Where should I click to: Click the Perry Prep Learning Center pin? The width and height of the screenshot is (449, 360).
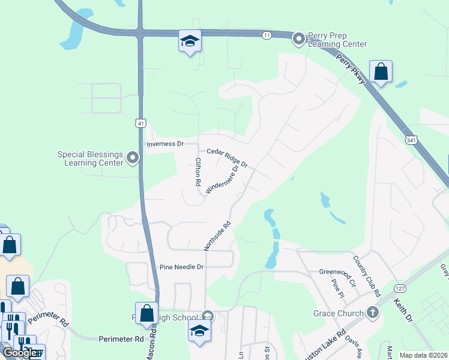[x=298, y=40]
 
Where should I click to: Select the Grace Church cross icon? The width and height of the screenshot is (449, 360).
[x=372, y=313]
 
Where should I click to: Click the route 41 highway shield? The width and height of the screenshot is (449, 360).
[x=140, y=124]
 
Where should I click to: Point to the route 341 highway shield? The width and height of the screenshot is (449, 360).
[x=411, y=140]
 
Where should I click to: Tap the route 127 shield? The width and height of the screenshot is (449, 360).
[x=400, y=288]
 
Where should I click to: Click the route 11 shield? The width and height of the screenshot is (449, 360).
[x=266, y=35]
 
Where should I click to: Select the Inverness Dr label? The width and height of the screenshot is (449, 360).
[x=164, y=145]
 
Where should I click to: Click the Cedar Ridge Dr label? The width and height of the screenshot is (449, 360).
[x=228, y=158]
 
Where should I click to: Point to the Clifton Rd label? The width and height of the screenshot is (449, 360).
[x=197, y=172]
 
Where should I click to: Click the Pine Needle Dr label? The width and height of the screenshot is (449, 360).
[x=181, y=266]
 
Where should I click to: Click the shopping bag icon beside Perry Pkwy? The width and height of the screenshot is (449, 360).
[x=381, y=72]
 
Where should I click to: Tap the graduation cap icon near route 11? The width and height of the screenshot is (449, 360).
[x=190, y=41]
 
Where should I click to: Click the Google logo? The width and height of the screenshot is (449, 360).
[x=19, y=353]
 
